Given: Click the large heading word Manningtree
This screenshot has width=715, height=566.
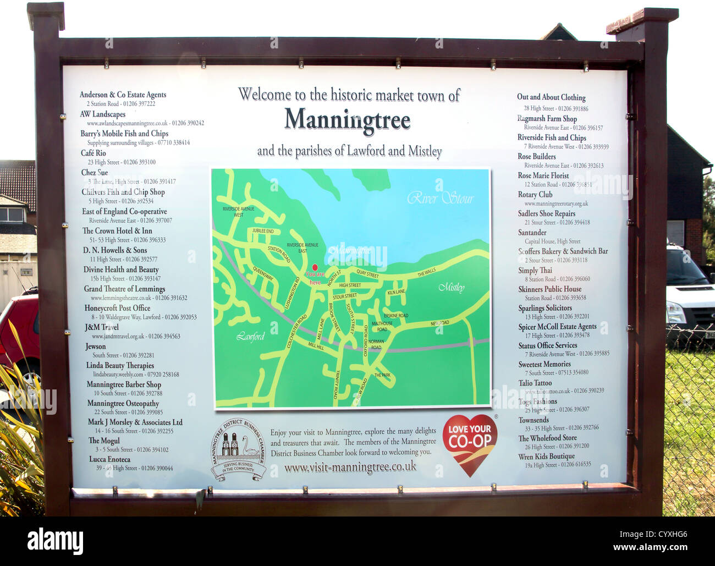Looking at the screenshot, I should pos(347,119).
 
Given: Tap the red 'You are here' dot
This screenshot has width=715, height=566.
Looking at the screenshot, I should pos(315,267).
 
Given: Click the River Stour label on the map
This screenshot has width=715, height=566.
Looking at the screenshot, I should pos(440,198).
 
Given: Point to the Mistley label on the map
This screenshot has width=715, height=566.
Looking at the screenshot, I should pos(451,288).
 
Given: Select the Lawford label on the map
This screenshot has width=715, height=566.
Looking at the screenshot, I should pos(251,337).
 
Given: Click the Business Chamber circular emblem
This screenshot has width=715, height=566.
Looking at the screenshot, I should pos(239,449).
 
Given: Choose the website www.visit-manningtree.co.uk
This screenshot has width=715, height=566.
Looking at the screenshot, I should pos(350,468).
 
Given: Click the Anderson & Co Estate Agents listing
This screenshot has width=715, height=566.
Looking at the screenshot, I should pos(123,95).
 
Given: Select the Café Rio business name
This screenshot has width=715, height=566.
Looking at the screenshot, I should pos(93,153).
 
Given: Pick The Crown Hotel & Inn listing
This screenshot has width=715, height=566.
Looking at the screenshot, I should pos(117,230).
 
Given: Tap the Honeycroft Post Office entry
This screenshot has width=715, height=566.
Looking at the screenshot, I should pos(117,308).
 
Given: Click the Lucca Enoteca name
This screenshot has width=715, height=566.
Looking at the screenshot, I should pos(110,459).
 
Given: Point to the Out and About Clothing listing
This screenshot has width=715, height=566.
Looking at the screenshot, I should pos(551,97).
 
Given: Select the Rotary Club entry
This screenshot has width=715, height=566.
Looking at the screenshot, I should pos(535,195).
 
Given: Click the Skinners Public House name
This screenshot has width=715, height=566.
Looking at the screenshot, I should pos(549,289).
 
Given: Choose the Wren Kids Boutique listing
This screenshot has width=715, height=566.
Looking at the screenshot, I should pos(546,457).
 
